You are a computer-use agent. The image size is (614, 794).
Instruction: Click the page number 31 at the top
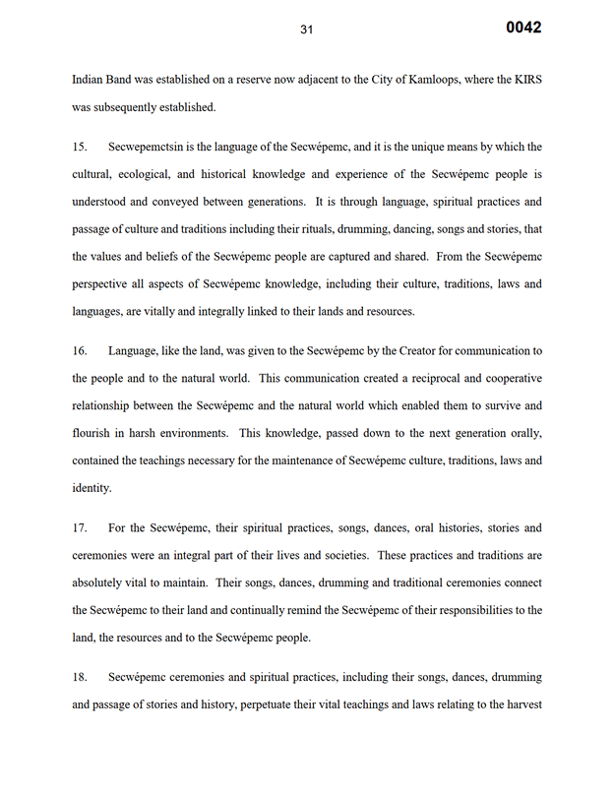[x=306, y=30]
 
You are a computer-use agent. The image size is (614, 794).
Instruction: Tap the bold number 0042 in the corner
[x=523, y=28]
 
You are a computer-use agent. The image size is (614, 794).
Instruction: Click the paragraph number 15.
[x=80, y=147]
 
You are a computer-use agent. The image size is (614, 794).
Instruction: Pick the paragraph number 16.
[x=80, y=351]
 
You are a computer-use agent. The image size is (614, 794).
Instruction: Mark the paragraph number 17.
[x=80, y=528]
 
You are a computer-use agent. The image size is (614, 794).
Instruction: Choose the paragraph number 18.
[x=80, y=678]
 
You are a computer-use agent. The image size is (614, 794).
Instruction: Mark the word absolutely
[x=103, y=582]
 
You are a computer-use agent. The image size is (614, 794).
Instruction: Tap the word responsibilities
[x=459, y=610]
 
